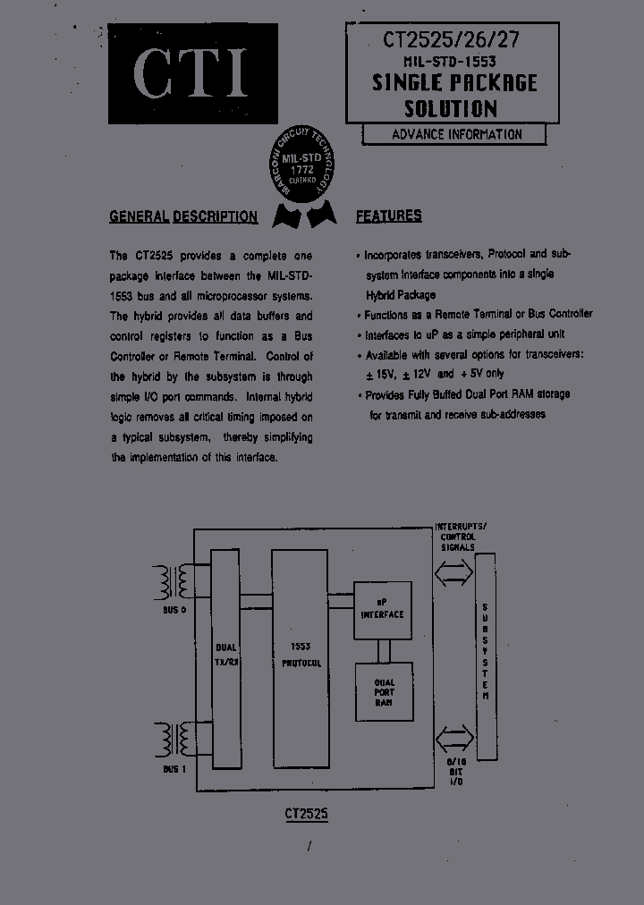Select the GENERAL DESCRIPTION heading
tap(183, 216)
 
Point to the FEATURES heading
tap(389, 216)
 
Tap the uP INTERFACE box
tap(382, 610)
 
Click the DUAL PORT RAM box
tap(385, 691)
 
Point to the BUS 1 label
tap(174, 769)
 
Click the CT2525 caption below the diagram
tap(307, 815)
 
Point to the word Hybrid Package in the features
tap(400, 294)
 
